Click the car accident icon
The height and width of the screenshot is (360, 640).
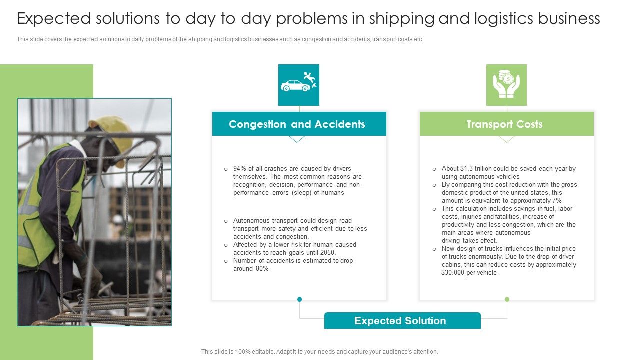[x=299, y=85]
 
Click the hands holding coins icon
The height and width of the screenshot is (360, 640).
[x=506, y=85]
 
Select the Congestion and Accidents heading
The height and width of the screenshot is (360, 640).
[x=297, y=124]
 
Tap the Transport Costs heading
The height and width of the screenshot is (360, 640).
[x=504, y=124]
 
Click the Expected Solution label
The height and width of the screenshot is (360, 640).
[x=400, y=321]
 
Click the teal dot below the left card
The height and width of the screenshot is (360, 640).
[x=299, y=299]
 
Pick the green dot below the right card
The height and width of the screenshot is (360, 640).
[x=507, y=299]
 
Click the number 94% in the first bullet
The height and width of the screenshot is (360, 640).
[x=240, y=169]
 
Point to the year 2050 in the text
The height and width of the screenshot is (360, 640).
[x=327, y=253]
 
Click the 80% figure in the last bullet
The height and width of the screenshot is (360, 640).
[x=262, y=269]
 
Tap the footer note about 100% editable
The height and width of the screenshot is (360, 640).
[x=319, y=352]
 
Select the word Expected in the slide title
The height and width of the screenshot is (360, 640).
[x=54, y=19]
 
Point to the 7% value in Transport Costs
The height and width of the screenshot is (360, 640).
[x=556, y=201]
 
